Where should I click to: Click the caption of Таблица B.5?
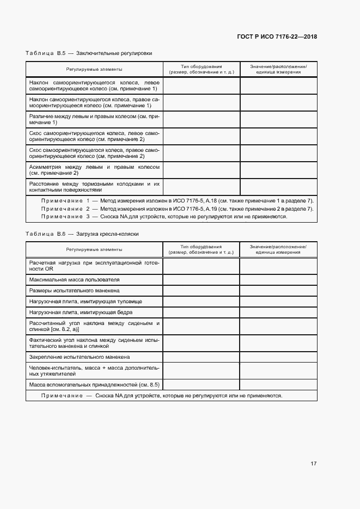point(89,54)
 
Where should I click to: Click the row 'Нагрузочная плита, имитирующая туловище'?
point(77,301)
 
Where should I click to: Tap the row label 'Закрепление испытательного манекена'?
point(79,357)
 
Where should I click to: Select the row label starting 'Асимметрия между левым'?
point(94,170)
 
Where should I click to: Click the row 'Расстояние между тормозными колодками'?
point(94,187)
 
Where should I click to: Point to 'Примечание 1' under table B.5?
point(177,201)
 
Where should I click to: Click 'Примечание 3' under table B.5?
point(163,216)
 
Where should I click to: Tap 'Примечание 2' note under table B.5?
point(177,208)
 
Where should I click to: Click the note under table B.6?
point(161,396)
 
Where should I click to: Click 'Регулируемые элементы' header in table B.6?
point(94,249)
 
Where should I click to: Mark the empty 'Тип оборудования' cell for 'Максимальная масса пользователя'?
point(201,279)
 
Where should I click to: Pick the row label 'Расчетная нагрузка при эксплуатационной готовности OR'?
point(94,266)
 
